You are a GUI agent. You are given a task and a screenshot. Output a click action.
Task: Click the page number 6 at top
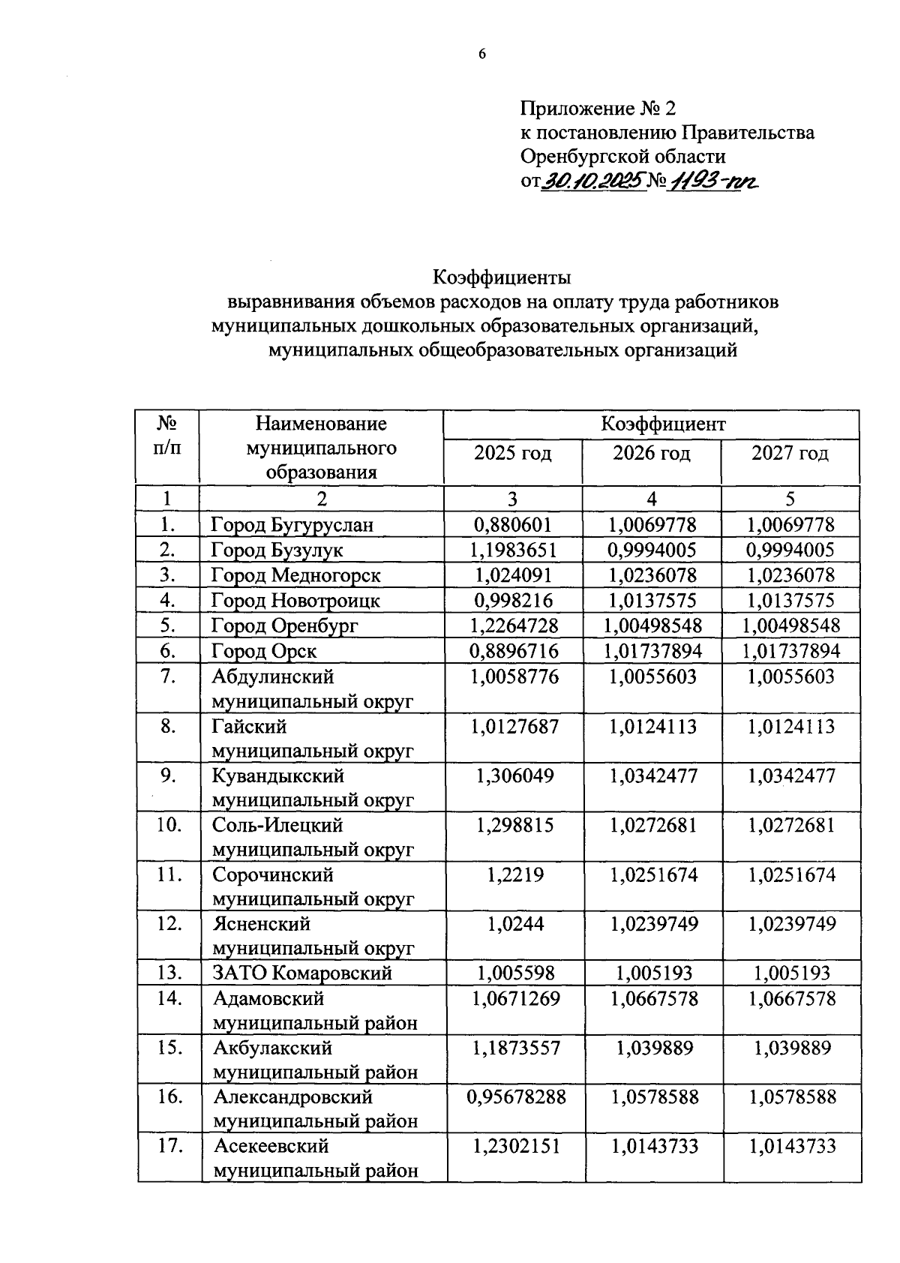[482, 54]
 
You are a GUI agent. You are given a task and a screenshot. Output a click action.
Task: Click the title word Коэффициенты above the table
[502, 277]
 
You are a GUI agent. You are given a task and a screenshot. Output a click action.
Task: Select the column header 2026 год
[651, 453]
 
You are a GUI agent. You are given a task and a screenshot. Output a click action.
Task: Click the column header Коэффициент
[651, 424]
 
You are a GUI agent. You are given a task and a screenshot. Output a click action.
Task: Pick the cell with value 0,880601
[513, 524]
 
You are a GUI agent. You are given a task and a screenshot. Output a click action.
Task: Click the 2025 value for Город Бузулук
[513, 550]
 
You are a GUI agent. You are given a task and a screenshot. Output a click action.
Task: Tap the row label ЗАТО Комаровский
[302, 973]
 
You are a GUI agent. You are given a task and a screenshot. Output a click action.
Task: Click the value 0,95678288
[515, 1097]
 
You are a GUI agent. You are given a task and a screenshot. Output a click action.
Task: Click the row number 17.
[169, 1146]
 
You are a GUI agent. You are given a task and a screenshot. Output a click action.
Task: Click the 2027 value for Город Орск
[790, 651]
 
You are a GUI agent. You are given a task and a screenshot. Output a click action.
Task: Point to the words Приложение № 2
[592, 109]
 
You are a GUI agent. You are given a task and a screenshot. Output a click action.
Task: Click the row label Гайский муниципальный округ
[312, 739]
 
